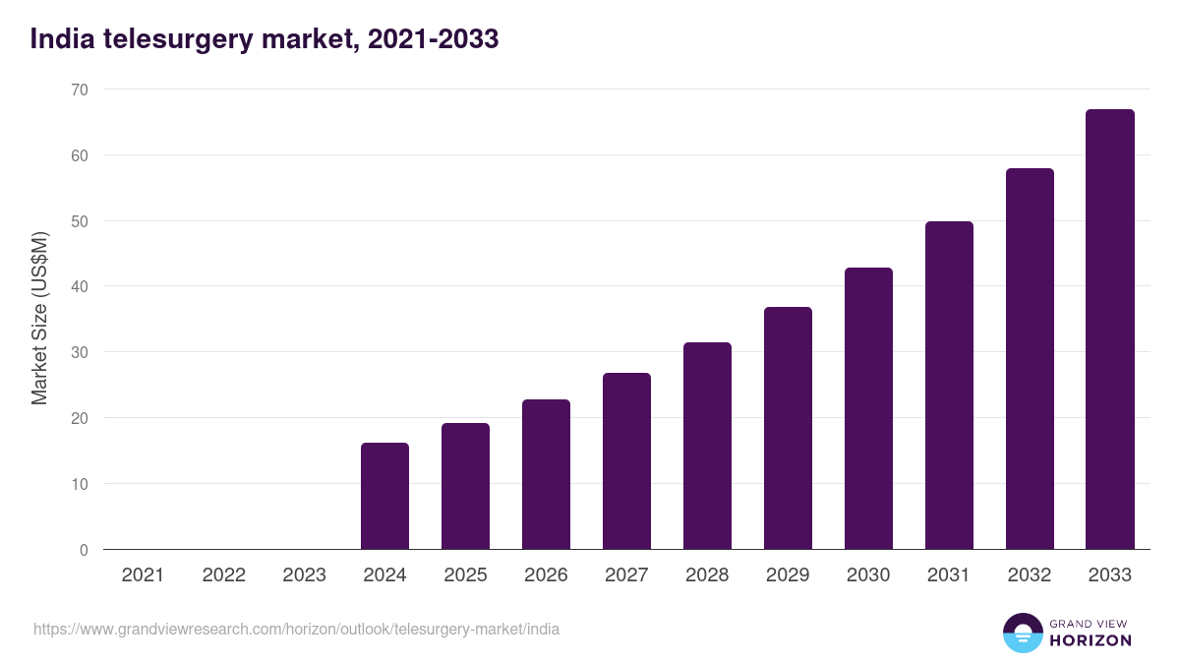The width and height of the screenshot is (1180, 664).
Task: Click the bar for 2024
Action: [384, 496]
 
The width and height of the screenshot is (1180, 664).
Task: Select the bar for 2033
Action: [1110, 330]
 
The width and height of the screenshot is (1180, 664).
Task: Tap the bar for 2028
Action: [707, 446]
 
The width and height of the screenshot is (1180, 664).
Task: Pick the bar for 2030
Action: [868, 408]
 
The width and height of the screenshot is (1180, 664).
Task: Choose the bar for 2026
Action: [546, 474]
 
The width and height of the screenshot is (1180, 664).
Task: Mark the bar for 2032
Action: [1030, 359]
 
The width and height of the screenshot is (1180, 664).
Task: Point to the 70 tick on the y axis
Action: [79, 90]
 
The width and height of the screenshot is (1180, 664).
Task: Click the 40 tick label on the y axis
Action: [79, 286]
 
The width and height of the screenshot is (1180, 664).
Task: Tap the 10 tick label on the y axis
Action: [79, 484]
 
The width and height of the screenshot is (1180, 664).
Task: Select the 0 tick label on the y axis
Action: [84, 550]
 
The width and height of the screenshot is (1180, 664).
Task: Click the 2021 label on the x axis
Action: [143, 575]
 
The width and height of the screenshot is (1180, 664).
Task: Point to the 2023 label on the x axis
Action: [304, 575]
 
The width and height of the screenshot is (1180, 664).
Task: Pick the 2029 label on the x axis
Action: [788, 575]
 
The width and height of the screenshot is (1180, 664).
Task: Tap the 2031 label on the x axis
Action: [949, 575]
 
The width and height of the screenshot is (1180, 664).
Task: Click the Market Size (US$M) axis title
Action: [39, 319]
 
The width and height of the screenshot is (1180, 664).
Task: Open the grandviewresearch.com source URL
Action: [296, 629]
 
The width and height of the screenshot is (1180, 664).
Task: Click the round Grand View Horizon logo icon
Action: [1022, 633]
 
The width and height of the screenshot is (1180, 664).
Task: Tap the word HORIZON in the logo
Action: [1091, 640]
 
